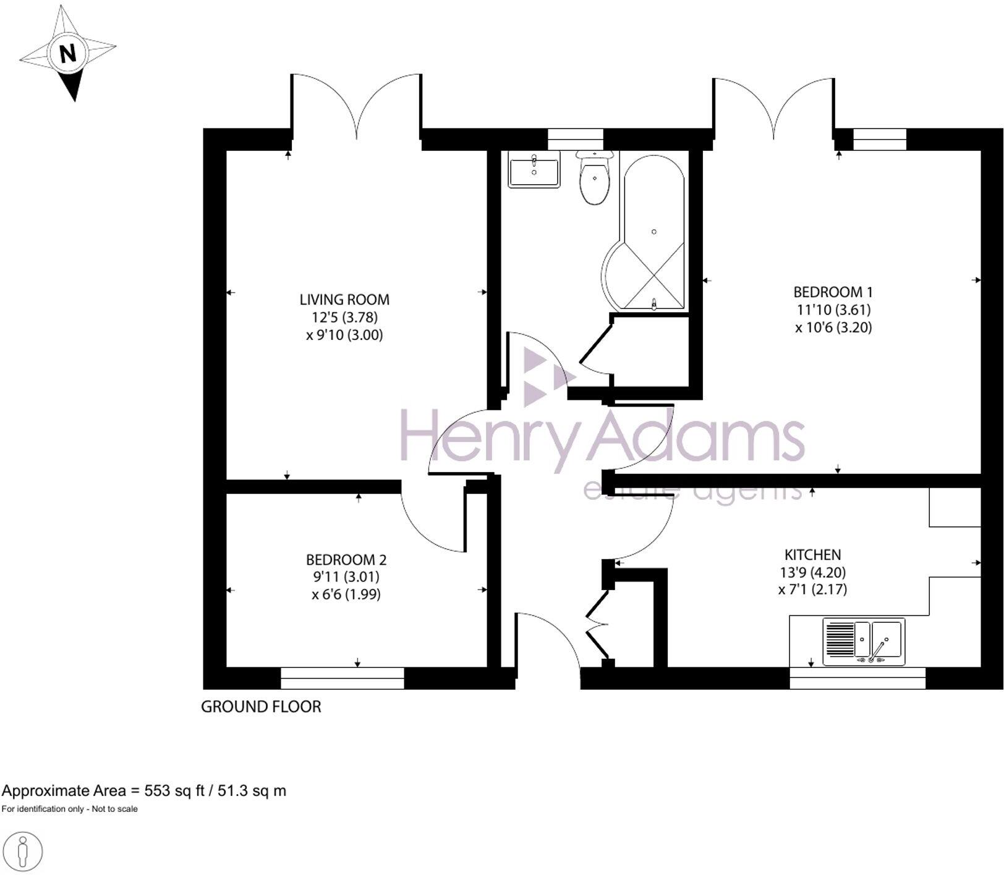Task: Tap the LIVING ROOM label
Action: (x=344, y=300)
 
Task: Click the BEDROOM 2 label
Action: (x=346, y=560)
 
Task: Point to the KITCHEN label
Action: (x=812, y=554)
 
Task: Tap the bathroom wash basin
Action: (x=534, y=169)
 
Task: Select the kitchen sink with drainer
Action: (x=864, y=641)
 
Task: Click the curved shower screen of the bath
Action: (x=612, y=275)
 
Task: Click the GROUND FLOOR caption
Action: (x=261, y=706)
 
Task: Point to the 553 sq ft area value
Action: (x=174, y=790)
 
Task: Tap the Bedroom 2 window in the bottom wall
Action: (x=342, y=678)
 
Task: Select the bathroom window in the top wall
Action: (x=576, y=139)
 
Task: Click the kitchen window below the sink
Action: (x=857, y=678)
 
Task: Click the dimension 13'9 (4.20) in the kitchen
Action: (x=812, y=572)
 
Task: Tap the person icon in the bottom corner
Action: (x=23, y=852)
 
